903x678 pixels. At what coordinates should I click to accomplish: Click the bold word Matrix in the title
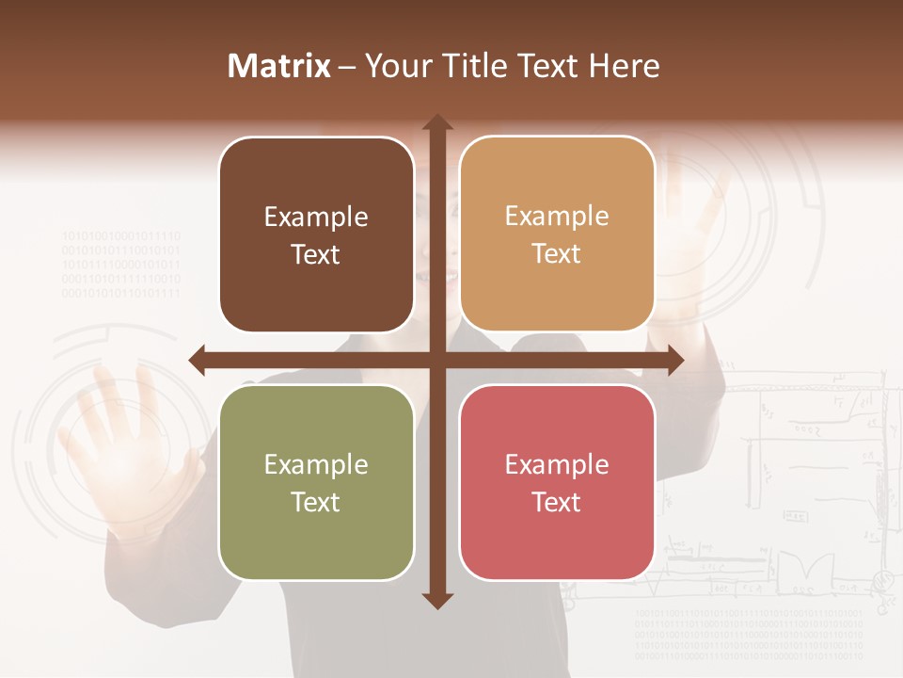click(x=279, y=66)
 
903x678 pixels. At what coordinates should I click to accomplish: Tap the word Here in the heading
click(x=624, y=66)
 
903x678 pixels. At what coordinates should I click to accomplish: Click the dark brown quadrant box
click(x=316, y=235)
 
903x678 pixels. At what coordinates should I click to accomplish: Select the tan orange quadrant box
click(x=557, y=234)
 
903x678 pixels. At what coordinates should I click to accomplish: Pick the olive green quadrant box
click(x=316, y=482)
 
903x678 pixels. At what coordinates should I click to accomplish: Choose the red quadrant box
click(x=557, y=482)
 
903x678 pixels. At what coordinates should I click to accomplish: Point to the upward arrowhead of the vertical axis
click(x=437, y=123)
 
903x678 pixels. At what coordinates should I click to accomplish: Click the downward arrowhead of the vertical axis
click(x=437, y=600)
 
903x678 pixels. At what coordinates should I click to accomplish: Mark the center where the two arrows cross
click(x=437, y=360)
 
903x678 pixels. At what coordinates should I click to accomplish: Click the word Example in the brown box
click(x=316, y=218)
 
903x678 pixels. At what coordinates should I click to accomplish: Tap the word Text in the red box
click(x=557, y=502)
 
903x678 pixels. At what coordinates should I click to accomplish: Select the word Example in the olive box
click(x=316, y=464)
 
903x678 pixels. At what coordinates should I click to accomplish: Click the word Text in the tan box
click(x=557, y=254)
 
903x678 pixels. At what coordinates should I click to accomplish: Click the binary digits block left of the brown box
click(x=121, y=265)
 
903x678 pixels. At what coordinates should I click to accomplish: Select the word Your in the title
click(x=394, y=66)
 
